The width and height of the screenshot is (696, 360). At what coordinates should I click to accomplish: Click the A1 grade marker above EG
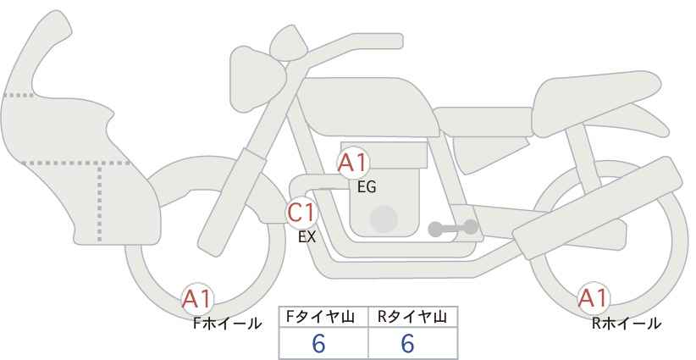coord(353,163)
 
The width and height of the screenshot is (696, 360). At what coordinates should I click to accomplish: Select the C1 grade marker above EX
coord(301,213)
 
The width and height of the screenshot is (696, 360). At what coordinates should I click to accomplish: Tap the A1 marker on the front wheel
coord(197,299)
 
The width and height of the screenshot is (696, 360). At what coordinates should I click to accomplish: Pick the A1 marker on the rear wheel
coord(593,298)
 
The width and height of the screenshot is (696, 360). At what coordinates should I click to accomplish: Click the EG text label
coord(367,187)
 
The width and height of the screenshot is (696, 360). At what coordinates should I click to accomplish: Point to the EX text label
coord(307,237)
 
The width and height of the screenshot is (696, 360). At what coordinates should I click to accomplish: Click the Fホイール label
coord(227,324)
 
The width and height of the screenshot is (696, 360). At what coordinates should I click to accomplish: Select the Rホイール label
coord(627,324)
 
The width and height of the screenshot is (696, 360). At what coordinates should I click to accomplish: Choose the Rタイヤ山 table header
coord(412,317)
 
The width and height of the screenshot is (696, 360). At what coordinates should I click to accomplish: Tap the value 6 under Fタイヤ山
coord(318,343)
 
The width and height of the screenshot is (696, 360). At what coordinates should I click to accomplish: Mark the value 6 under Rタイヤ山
coord(407,343)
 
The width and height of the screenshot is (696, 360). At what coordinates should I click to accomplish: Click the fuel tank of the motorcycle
coord(368,107)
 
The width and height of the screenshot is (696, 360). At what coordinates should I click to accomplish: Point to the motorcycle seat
coord(594,104)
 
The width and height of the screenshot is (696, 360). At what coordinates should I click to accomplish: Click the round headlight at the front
coord(257,79)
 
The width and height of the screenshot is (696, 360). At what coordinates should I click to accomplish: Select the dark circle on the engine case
coord(384,219)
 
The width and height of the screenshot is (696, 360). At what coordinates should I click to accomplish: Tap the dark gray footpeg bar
coord(453,228)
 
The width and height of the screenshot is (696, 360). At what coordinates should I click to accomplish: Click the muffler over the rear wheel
coord(597,208)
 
